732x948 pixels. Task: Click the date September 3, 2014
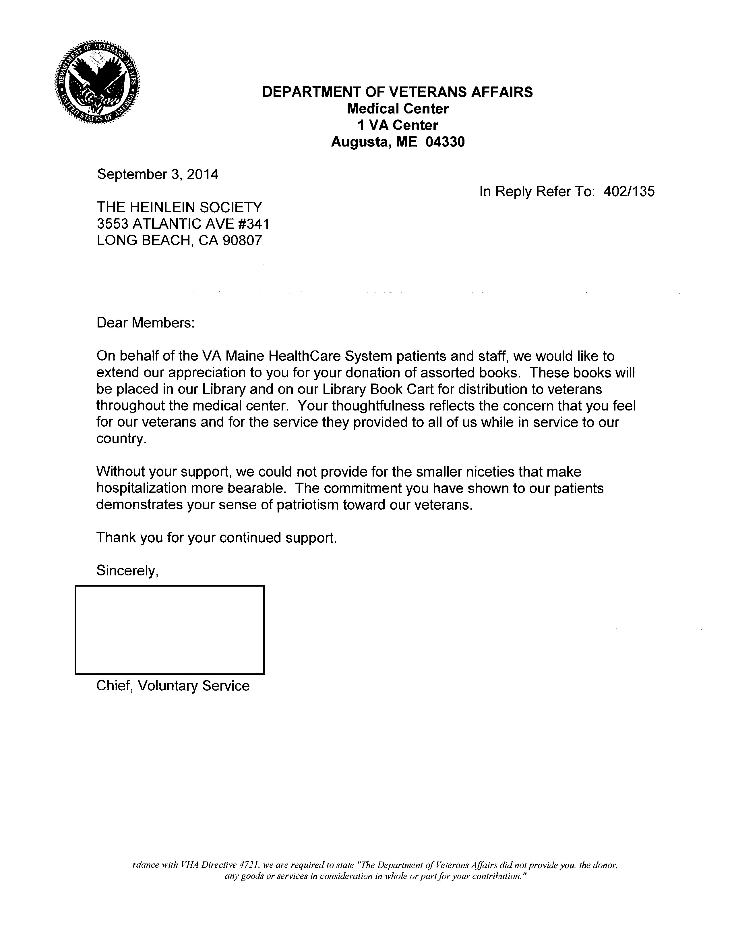pyautogui.click(x=157, y=174)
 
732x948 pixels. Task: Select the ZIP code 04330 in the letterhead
pyautogui.click(x=445, y=142)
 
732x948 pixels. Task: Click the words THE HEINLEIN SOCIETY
pyautogui.click(x=179, y=207)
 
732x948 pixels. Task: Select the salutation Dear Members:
pyautogui.click(x=145, y=323)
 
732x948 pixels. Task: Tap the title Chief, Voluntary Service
pyautogui.click(x=173, y=686)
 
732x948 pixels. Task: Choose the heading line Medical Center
pyautogui.click(x=398, y=109)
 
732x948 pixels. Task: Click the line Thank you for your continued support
pyautogui.click(x=216, y=538)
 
